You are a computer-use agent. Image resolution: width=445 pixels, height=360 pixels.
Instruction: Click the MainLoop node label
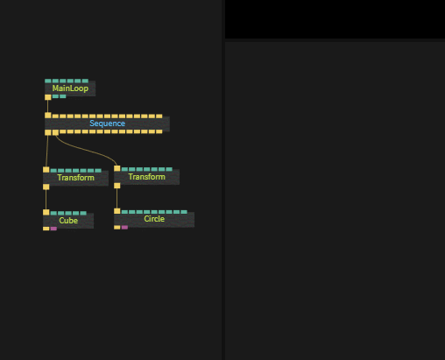(70, 88)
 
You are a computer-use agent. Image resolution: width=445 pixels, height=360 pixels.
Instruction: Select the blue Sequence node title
(107, 124)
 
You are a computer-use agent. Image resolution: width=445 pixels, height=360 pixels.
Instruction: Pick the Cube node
(68, 221)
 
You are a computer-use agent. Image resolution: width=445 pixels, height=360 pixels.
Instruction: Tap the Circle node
(154, 219)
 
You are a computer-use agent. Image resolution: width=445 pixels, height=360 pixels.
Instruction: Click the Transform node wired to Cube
(75, 178)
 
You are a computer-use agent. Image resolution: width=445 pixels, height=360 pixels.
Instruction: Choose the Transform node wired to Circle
(146, 177)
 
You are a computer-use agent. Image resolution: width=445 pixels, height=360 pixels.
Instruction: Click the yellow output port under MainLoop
(48, 97)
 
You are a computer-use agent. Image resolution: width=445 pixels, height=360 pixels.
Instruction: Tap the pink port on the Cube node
(53, 229)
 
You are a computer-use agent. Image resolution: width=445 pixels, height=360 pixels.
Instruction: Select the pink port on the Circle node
(124, 228)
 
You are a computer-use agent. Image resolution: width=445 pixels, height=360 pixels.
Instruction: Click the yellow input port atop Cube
(46, 212)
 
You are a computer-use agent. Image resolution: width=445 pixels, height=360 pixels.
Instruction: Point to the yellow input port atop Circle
(117, 211)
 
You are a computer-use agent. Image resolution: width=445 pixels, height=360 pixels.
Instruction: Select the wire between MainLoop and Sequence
(48, 106)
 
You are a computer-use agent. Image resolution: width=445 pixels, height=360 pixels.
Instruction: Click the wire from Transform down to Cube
(46, 200)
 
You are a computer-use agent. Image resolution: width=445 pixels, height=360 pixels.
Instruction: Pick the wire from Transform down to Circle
(117, 198)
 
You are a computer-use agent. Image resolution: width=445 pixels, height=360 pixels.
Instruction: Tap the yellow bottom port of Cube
(46, 229)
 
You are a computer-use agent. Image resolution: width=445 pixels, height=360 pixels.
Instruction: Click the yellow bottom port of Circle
(117, 228)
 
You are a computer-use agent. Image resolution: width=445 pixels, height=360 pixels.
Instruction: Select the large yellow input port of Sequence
(48, 116)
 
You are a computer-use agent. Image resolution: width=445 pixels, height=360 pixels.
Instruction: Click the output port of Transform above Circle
(117, 186)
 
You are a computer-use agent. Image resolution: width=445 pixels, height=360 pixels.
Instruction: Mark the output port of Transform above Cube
(46, 187)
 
